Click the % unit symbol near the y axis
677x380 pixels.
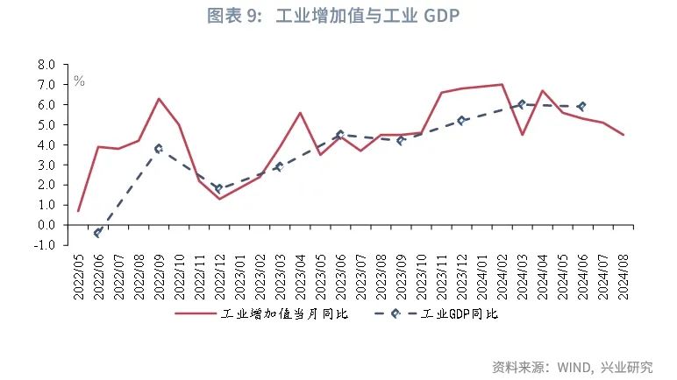click(x=79, y=81)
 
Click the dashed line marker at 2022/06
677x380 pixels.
click(x=98, y=233)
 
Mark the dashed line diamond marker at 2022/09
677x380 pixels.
click(x=159, y=149)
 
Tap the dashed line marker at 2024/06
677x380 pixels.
click(x=581, y=106)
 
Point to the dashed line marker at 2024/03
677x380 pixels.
click(x=522, y=104)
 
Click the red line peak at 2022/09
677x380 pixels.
click(x=159, y=98)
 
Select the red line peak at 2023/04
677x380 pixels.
click(x=300, y=112)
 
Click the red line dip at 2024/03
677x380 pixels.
click(x=522, y=134)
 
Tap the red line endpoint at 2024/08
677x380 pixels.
click(x=624, y=135)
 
